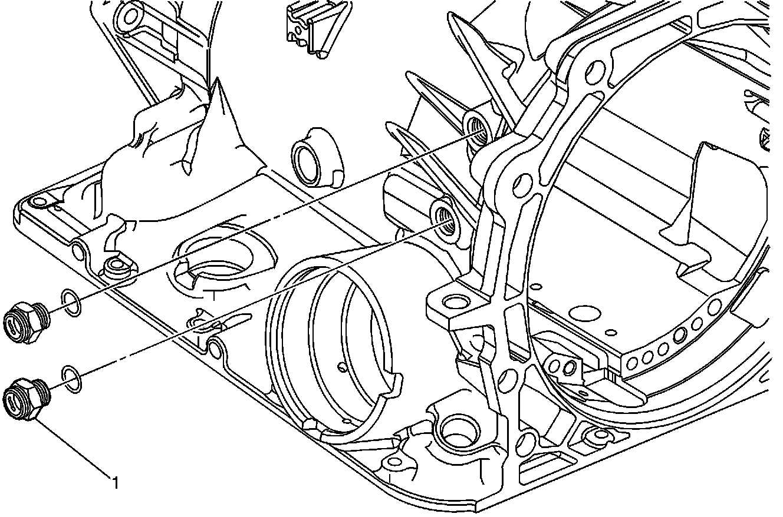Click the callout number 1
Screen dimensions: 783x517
pyautogui.click(x=116, y=483)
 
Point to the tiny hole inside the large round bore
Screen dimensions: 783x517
pyautogui.click(x=342, y=368)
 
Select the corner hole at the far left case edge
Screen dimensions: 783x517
pyautogui.click(x=40, y=202)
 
